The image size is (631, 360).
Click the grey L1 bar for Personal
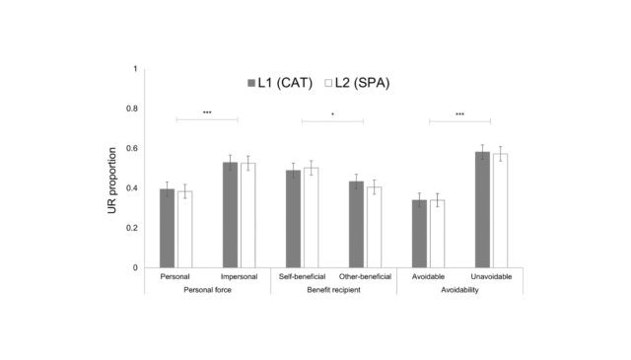click(167, 229)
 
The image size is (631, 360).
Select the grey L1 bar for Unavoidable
click(482, 210)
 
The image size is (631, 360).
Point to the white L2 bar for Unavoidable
click(500, 211)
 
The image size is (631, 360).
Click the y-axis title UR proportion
click(112, 169)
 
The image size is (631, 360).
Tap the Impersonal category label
click(239, 277)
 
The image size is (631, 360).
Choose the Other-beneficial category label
click(365, 277)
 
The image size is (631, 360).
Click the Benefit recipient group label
click(333, 291)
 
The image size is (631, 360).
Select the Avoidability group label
click(459, 291)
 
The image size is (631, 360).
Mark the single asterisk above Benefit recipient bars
click(332, 114)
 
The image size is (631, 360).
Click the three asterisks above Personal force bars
click(207, 113)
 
